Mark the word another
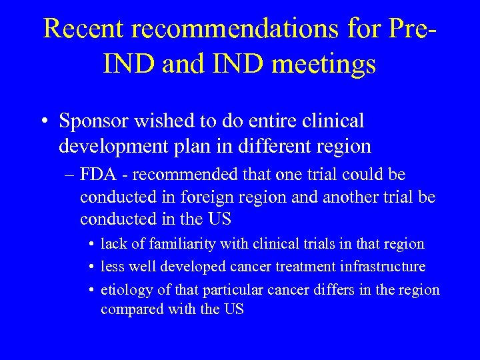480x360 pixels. pos(342,198)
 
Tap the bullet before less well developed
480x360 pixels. pos(91,267)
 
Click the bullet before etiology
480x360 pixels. pos(91,290)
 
